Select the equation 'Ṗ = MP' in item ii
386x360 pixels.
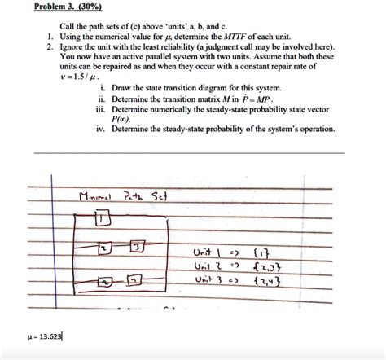pyautogui.click(x=266, y=98)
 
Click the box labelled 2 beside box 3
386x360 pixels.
pyautogui.click(x=103, y=247)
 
